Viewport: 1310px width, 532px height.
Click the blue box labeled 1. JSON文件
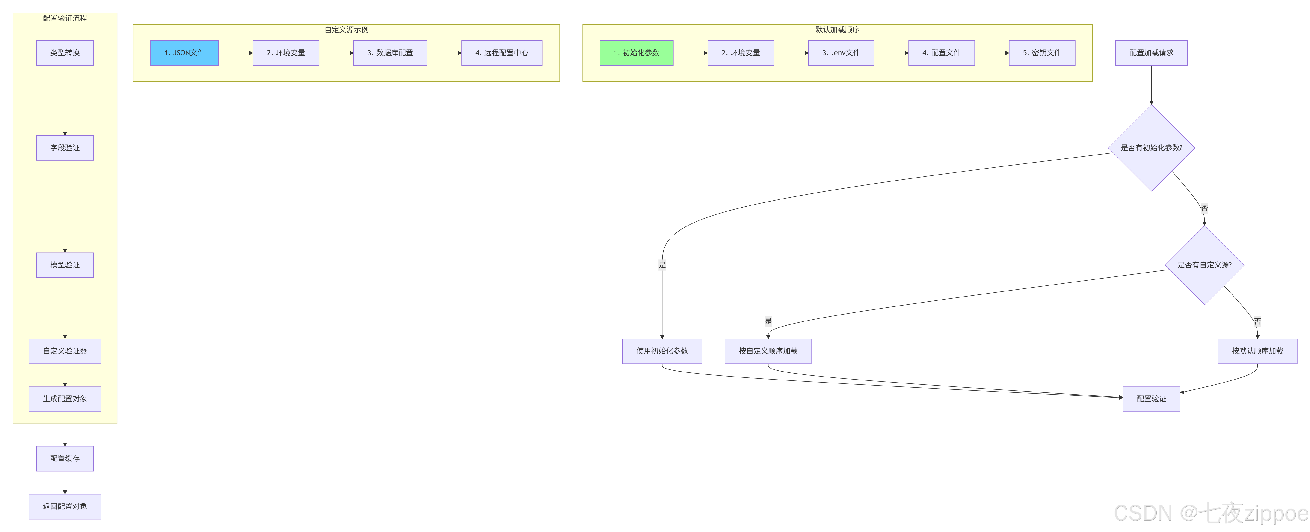tap(184, 53)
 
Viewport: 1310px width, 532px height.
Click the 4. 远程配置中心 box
tap(501, 53)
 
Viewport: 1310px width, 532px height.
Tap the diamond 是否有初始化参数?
tap(1151, 148)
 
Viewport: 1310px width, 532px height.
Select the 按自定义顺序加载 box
tap(768, 351)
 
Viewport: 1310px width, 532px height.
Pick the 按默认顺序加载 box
tap(1257, 351)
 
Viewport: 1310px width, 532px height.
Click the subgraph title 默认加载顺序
tap(837, 30)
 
